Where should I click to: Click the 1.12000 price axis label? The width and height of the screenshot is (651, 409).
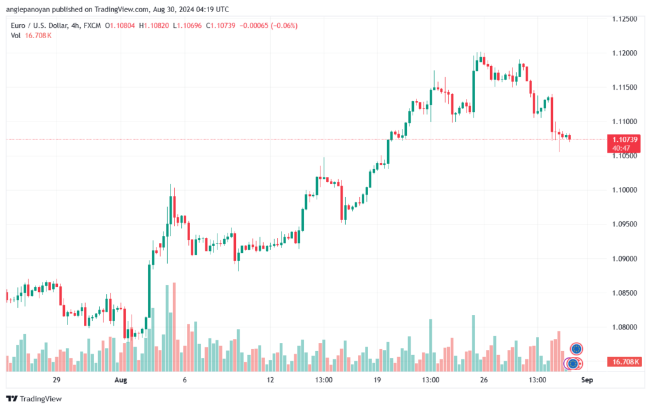624,53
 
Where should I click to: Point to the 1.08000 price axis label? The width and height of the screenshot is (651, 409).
624,327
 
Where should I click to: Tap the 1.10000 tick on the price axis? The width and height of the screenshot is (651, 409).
624,190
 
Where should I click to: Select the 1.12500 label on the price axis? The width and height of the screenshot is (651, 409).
624,19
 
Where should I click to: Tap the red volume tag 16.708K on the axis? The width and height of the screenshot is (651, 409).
624,362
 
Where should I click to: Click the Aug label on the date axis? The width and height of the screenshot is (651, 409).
120,380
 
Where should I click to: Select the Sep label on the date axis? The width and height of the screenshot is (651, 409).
587,380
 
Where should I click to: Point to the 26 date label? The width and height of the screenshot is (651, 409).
484,380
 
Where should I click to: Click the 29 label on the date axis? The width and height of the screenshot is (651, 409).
57,380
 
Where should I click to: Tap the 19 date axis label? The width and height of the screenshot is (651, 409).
377,380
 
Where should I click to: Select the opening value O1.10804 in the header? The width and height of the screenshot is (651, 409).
120,25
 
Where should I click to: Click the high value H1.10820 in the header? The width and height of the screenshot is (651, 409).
154,25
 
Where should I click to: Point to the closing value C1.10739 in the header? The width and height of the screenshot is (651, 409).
221,25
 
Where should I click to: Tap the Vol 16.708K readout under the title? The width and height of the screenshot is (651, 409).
31,36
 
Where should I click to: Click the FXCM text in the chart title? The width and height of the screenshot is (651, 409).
92,25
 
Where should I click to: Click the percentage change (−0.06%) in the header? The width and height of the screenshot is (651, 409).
284,25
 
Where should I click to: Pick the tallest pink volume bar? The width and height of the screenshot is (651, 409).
174,327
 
